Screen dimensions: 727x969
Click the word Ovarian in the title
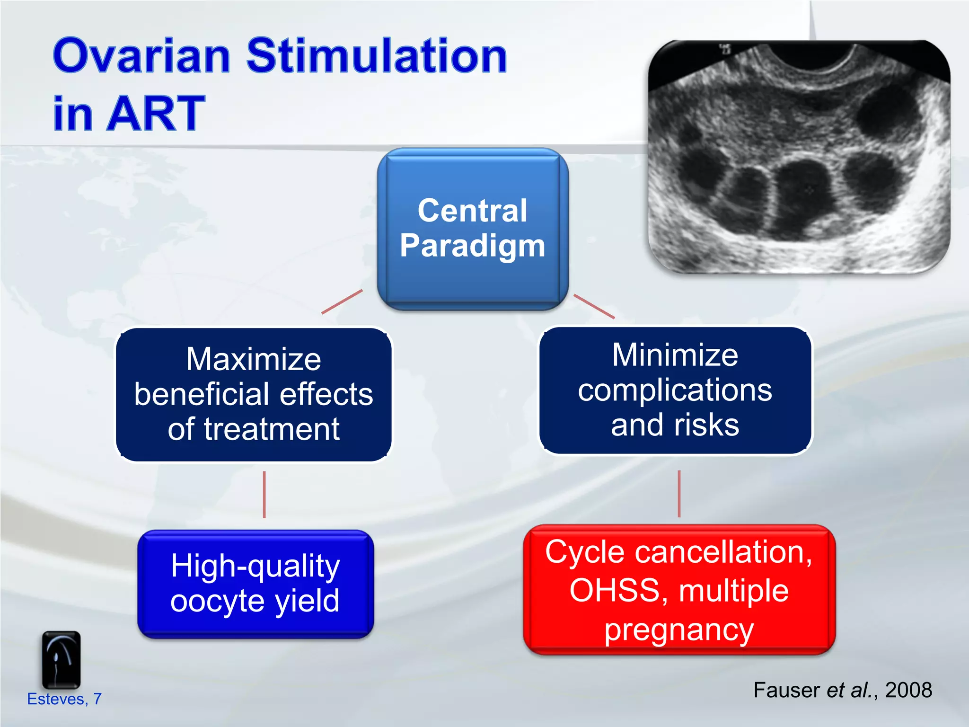tap(142, 57)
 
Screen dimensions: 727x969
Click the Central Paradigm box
tap(472, 229)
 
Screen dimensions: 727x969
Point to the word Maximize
tap(254, 360)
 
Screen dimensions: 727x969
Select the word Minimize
tap(675, 355)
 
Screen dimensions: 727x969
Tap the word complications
tap(675, 390)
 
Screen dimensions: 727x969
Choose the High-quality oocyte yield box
tap(255, 584)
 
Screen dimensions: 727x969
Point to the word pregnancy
tap(679, 630)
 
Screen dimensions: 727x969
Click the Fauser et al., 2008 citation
tap(842, 690)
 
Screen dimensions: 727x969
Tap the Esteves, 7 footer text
tap(64, 699)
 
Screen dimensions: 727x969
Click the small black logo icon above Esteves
tap(61, 660)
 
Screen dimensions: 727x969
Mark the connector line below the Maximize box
tap(264, 495)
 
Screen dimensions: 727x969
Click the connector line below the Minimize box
tap(679, 494)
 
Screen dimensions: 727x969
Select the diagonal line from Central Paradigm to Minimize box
tap(594, 307)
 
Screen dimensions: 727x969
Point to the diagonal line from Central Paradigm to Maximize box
tap(342, 301)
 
